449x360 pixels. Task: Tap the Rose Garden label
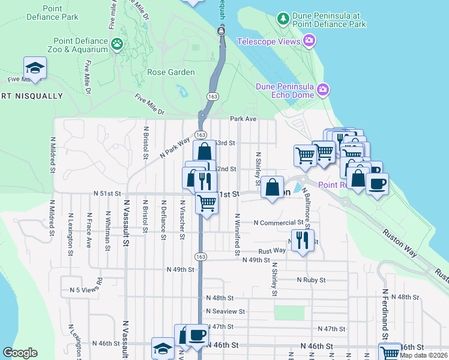point(171,73)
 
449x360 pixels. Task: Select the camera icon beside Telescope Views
point(309,41)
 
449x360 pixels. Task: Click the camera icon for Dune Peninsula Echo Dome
point(324,90)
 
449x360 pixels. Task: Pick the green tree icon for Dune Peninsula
point(283,19)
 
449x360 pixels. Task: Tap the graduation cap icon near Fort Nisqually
point(35,67)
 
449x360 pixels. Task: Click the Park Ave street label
point(243,119)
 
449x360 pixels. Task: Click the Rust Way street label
point(272,251)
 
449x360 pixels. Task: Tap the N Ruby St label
point(311,280)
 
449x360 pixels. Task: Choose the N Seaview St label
point(225,311)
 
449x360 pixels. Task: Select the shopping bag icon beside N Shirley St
point(273,187)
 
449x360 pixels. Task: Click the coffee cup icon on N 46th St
point(196,335)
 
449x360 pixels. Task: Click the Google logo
point(20,353)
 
